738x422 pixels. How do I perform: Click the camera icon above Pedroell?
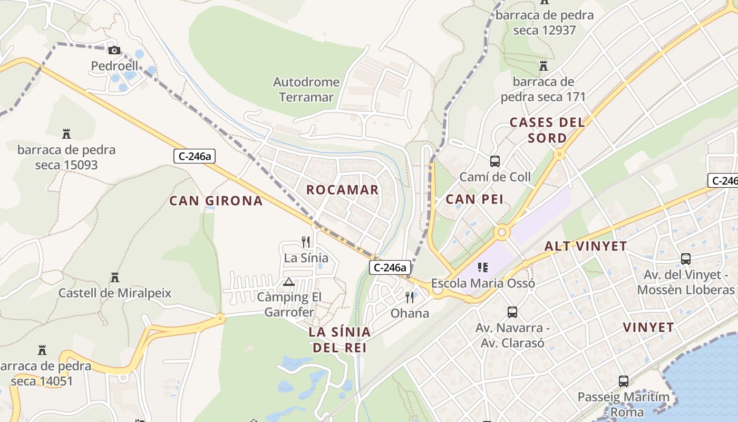coord(114,51)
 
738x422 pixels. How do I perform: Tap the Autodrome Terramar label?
coord(306,90)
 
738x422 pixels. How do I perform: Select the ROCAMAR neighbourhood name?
coord(342,190)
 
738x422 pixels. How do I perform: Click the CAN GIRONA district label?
coord(216,200)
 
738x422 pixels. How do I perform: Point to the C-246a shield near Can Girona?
coord(195,156)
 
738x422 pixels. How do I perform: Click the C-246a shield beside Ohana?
coord(390,267)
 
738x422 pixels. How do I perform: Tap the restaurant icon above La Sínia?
coord(306,242)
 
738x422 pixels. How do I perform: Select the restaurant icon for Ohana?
coord(410,298)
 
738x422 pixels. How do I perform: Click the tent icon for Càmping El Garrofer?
coord(288,282)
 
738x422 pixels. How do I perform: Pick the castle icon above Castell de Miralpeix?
coord(114,277)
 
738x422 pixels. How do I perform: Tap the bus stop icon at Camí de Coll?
coord(494,161)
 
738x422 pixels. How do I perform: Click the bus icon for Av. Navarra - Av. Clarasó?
coord(512,312)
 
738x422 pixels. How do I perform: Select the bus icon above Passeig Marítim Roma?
coord(623,381)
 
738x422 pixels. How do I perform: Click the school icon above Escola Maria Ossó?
coord(482,267)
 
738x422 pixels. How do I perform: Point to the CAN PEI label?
coord(474,199)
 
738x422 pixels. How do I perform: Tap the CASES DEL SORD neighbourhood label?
coord(547,130)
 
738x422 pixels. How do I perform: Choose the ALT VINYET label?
coord(585,246)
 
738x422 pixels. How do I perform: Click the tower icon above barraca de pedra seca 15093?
coord(66,133)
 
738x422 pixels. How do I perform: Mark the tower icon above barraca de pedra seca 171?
coord(543,66)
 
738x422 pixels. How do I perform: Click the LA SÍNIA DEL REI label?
coord(339,340)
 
